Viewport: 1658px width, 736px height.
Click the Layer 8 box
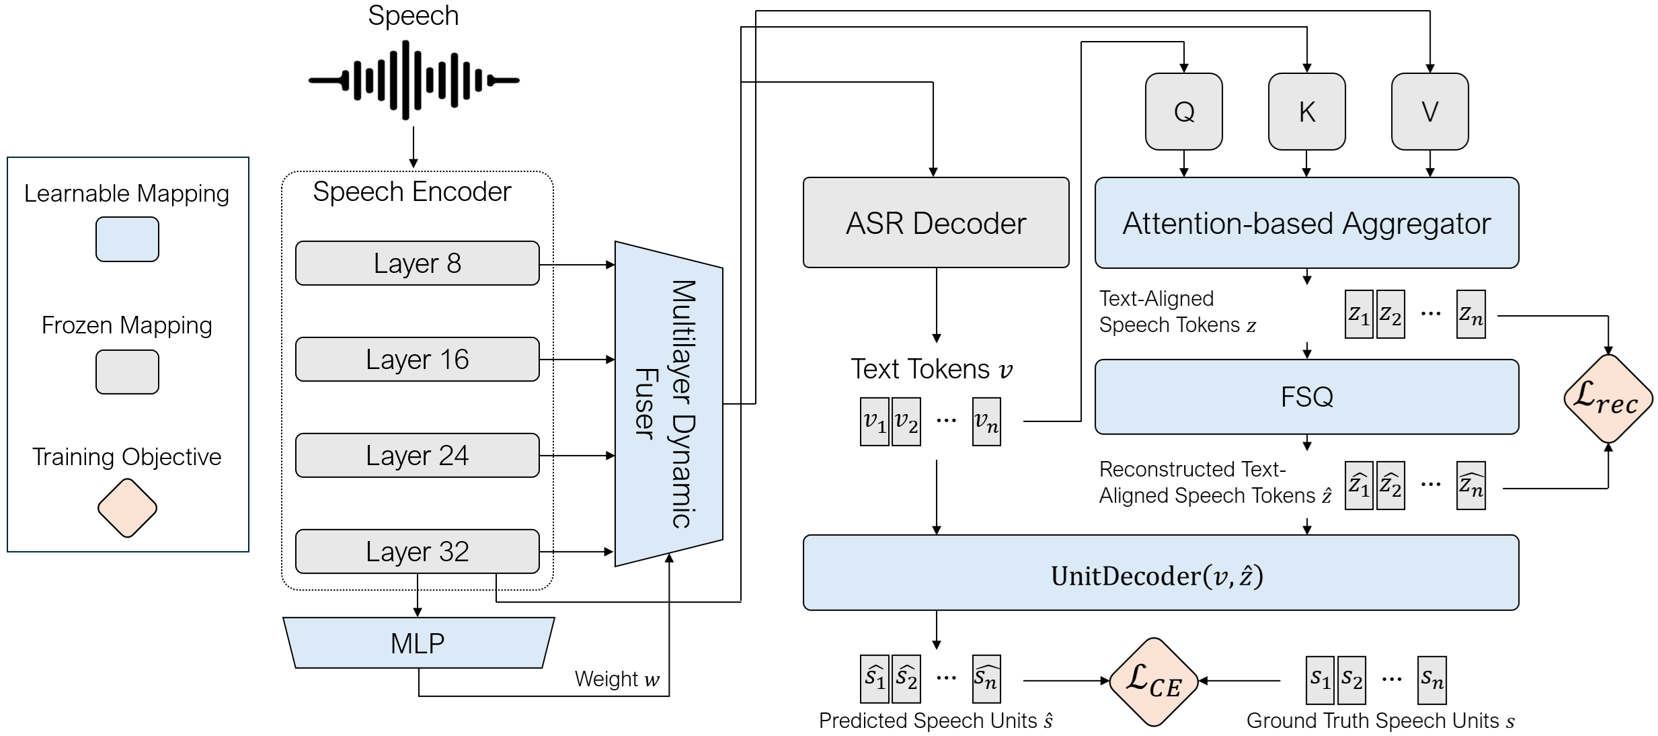tap(417, 263)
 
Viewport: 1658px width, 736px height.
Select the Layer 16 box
tap(417, 360)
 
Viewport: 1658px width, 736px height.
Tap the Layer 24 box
tap(417, 456)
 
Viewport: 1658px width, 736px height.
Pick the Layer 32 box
tap(417, 552)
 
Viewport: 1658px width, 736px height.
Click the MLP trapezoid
tap(418, 643)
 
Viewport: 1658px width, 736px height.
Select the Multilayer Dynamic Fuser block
tap(668, 403)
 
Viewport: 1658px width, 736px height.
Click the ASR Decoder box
tap(936, 223)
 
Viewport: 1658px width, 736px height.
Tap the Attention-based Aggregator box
tap(1306, 223)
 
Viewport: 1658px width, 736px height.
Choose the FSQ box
tap(1306, 397)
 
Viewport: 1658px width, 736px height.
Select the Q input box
tap(1184, 112)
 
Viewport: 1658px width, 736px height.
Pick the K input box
tap(1306, 112)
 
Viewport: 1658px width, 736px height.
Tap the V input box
tap(1429, 112)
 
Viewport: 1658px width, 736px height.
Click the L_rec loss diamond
tap(1608, 399)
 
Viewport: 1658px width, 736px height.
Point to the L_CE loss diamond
tap(1154, 682)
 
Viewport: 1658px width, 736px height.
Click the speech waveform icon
tap(413, 80)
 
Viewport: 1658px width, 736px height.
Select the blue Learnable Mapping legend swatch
tap(127, 239)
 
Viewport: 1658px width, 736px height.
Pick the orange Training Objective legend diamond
tap(127, 508)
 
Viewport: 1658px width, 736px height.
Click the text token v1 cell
tap(875, 421)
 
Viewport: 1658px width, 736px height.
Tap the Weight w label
tap(617, 679)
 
